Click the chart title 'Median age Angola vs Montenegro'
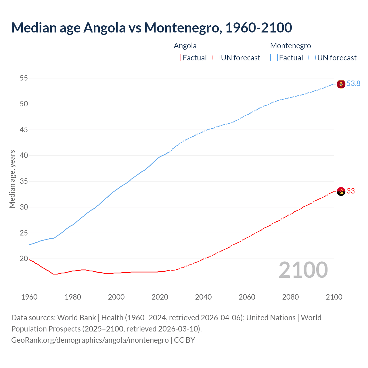(152, 28)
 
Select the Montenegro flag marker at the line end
(341, 84)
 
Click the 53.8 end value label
(353, 84)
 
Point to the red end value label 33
(350, 191)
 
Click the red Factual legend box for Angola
(177, 58)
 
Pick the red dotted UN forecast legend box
(215, 58)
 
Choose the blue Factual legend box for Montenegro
(274, 58)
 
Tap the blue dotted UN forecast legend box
(312, 58)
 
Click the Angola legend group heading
(185, 46)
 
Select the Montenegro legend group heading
(290, 46)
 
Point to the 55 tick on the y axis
(24, 78)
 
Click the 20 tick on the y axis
(24, 259)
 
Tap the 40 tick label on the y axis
(24, 156)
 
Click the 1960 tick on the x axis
(29, 297)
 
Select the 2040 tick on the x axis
(203, 297)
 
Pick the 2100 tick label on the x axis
(334, 297)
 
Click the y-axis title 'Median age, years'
(12, 179)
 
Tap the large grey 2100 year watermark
(303, 270)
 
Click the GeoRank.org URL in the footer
(90, 340)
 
